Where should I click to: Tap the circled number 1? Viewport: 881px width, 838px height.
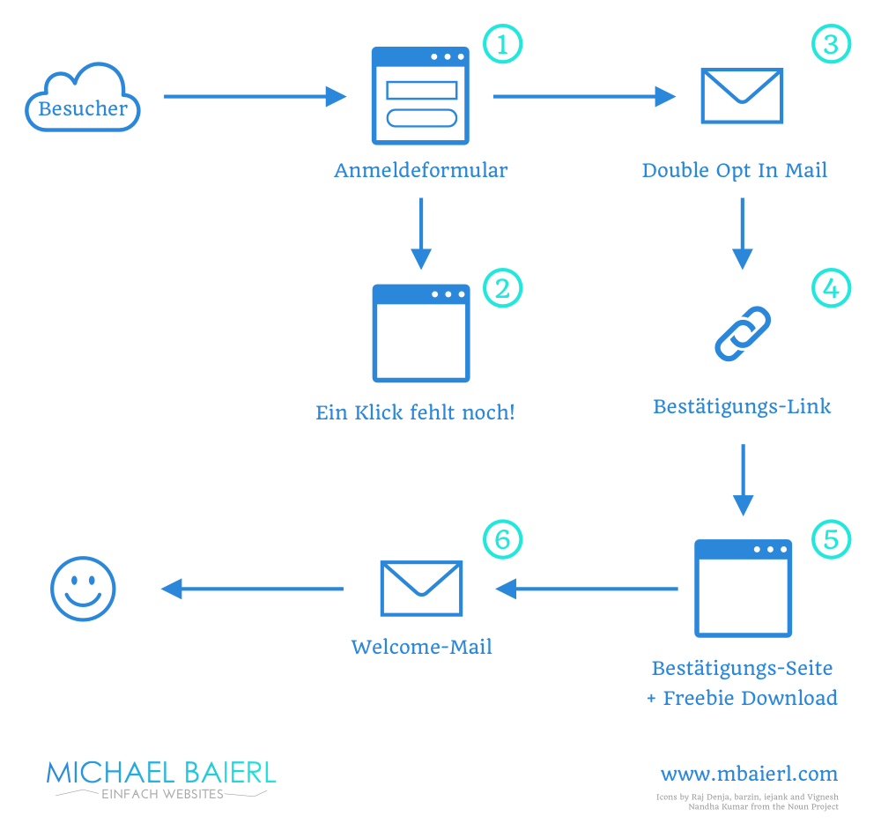click(x=503, y=43)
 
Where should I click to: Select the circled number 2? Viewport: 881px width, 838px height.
click(x=503, y=288)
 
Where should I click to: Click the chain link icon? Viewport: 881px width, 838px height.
click(x=742, y=334)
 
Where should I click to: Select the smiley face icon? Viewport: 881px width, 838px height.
click(x=83, y=588)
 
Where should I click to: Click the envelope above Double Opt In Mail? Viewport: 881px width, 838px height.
click(x=742, y=95)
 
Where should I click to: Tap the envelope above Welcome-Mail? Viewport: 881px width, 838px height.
click(x=421, y=588)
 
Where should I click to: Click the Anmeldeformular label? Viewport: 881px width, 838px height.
click(x=421, y=171)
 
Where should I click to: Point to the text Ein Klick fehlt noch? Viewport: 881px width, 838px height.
click(x=415, y=412)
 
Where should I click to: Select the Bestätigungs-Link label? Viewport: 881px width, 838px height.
click(x=742, y=406)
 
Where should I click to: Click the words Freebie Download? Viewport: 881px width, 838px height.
click(x=750, y=699)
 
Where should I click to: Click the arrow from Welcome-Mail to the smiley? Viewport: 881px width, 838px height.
click(x=252, y=589)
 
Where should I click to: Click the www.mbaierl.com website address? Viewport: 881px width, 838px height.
click(x=749, y=775)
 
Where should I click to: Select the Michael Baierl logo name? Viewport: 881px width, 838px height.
click(x=161, y=773)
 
